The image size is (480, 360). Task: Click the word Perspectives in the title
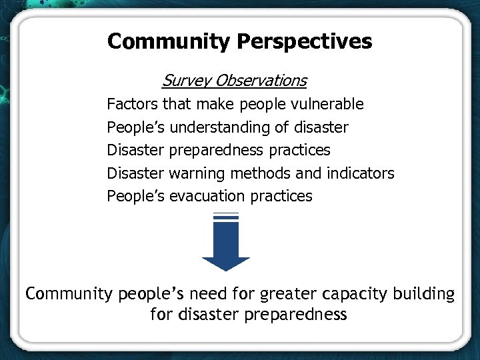coord(305,42)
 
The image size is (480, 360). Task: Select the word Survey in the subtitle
coord(183,81)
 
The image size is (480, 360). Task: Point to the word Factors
coord(132,104)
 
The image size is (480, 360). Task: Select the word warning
coord(197,173)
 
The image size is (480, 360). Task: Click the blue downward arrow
coord(226,243)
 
